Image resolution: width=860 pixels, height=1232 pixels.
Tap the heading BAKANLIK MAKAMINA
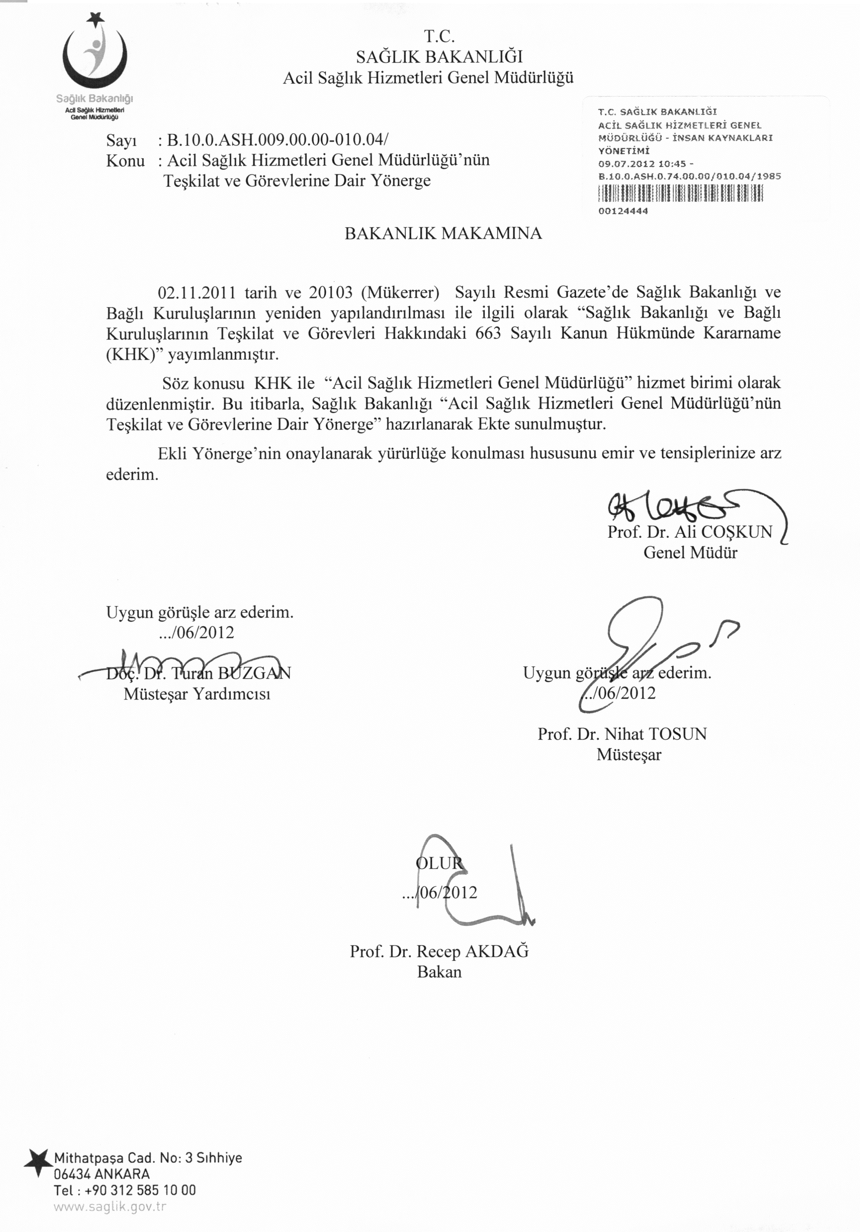(443, 233)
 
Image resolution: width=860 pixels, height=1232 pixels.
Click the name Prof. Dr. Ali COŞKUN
(689, 532)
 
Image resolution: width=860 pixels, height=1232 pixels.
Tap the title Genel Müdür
(690, 552)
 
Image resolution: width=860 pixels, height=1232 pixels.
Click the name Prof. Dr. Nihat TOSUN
(622, 734)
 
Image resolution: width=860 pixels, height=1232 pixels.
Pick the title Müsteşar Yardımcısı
(197, 694)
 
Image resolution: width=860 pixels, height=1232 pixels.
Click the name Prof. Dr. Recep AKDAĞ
(439, 952)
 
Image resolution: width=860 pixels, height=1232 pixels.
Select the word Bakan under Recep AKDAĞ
(439, 972)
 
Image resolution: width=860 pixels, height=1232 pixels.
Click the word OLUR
(438, 863)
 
